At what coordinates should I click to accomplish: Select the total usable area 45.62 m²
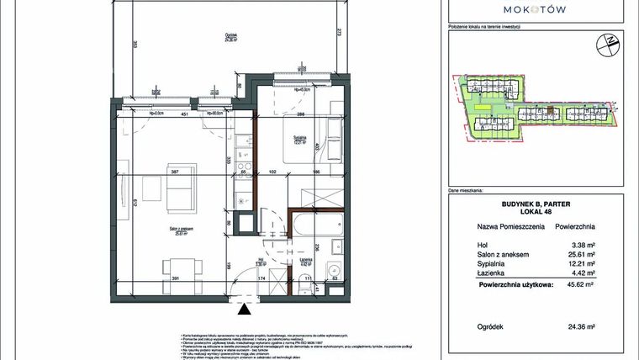(580, 285)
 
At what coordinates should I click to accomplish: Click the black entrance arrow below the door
(245, 311)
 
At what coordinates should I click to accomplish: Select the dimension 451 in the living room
(183, 117)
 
